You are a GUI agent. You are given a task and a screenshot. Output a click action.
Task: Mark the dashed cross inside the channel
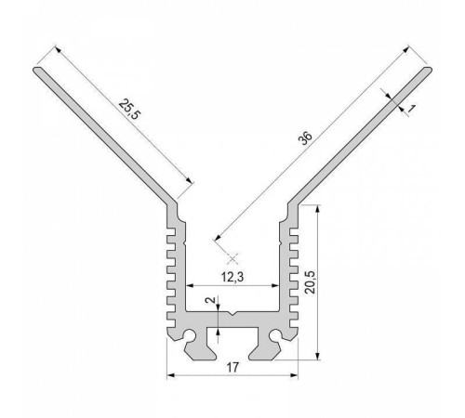point(232,255)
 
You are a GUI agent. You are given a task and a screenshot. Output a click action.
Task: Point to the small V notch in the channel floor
point(232,313)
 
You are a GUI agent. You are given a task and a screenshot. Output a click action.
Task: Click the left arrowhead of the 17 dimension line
point(171,375)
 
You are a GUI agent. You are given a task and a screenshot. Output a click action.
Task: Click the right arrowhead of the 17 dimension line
point(295,375)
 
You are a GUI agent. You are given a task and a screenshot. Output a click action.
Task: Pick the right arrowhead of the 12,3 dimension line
point(277,285)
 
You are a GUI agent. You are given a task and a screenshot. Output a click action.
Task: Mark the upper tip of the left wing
point(38,68)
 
